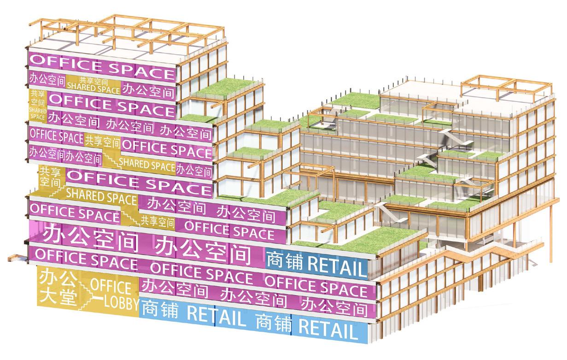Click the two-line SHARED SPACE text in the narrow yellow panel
37,113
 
